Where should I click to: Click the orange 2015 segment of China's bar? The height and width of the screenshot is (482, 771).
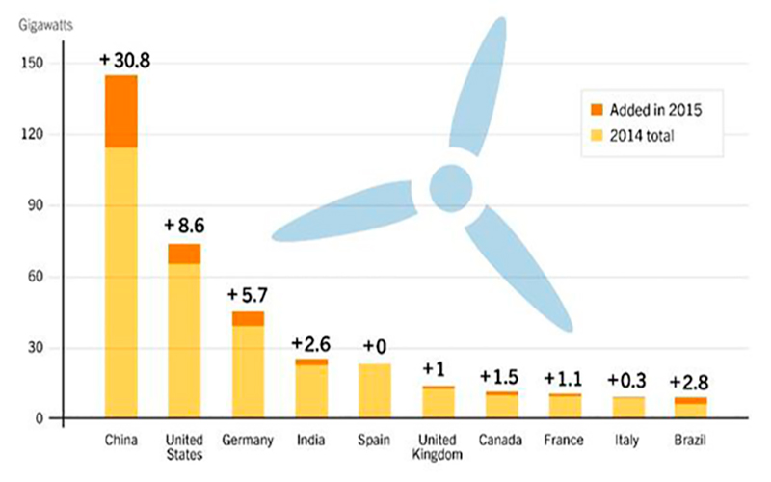point(121,111)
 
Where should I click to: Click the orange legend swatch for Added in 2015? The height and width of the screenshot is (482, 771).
point(596,109)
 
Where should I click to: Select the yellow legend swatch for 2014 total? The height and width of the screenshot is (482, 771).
point(596,136)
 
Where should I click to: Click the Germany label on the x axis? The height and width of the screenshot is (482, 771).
point(248,441)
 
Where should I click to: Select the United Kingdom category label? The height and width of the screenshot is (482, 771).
point(438,447)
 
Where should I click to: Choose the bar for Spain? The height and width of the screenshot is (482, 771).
point(374,391)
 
